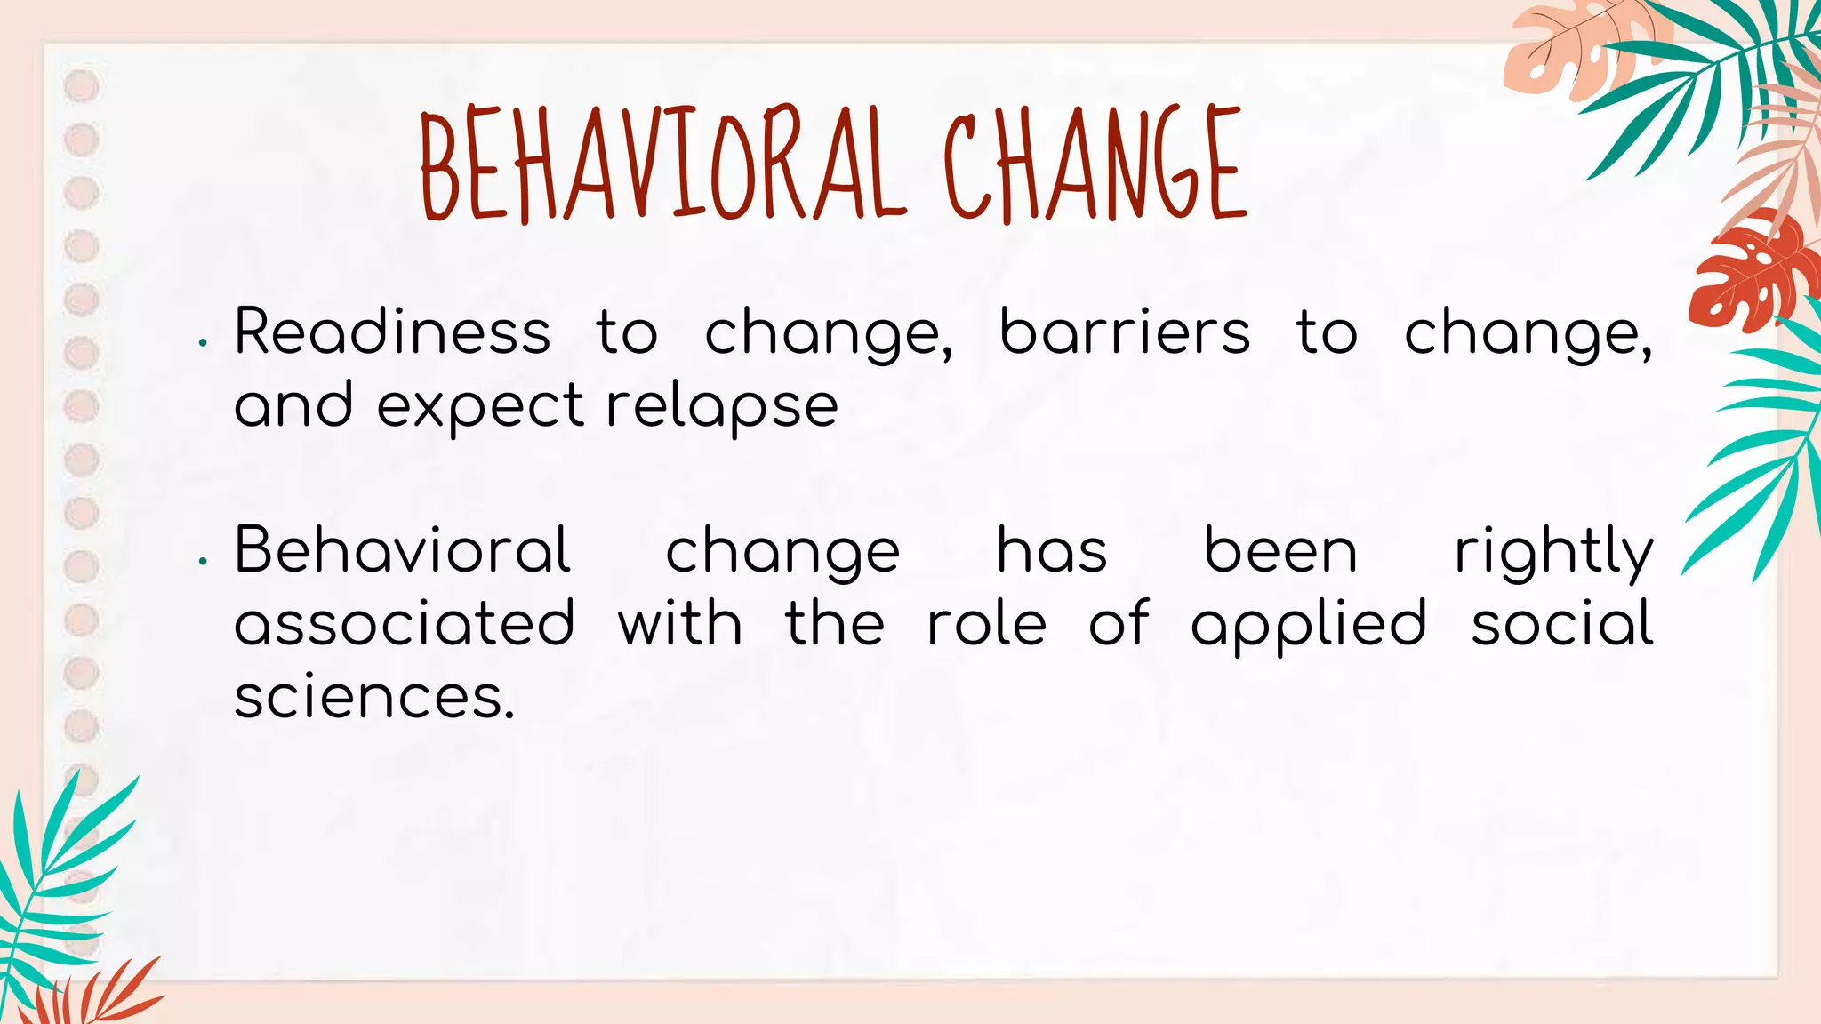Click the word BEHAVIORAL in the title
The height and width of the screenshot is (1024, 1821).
point(662,164)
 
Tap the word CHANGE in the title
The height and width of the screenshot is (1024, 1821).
point(1095,164)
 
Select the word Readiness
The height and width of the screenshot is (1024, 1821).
point(392,332)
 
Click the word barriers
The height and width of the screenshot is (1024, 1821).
point(1125,332)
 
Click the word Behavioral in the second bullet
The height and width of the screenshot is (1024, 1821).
point(402,550)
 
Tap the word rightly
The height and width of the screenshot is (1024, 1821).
point(1553,552)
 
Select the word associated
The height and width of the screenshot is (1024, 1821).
point(405,623)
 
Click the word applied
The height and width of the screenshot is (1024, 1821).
point(1309,625)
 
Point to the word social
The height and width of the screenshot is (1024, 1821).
point(1562,623)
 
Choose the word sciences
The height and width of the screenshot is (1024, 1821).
point(373,697)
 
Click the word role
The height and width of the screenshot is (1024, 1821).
point(987,623)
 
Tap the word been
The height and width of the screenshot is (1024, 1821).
point(1280,550)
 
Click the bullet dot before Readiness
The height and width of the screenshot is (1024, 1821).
point(204,342)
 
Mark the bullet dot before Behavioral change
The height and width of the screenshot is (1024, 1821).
point(204,561)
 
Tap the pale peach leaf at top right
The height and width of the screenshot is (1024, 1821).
point(1565,53)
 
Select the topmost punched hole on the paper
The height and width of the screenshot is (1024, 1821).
point(82,87)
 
